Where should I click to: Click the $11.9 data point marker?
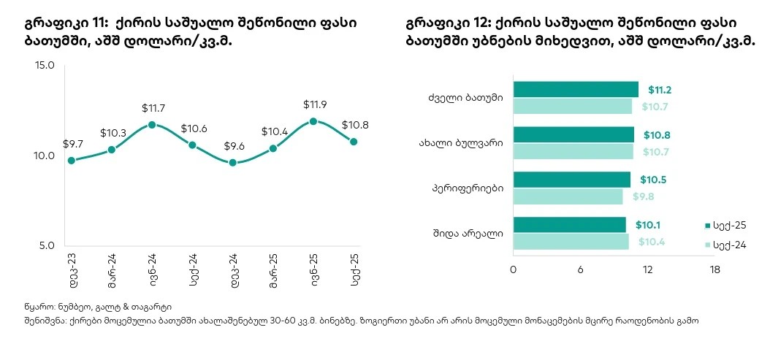(313, 121)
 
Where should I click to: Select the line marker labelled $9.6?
(233, 163)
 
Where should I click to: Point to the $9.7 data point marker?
(71, 161)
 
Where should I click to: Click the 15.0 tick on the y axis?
(45, 66)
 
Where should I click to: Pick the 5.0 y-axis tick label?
(45, 246)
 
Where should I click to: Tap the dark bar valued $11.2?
(576, 89)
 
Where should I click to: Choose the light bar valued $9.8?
(568, 196)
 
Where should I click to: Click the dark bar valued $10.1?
(569, 225)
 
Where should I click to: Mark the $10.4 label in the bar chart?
(651, 242)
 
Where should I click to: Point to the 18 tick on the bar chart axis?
(714, 270)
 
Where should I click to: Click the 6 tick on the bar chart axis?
(580, 270)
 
